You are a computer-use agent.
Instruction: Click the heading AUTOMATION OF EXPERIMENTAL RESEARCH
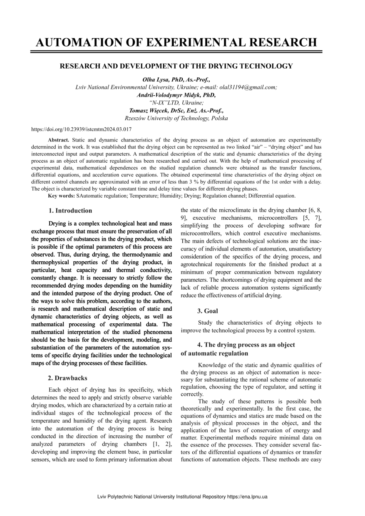176,42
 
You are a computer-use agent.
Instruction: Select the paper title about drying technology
176,66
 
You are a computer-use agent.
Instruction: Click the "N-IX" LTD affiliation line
176,103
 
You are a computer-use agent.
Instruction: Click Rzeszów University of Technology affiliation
176,119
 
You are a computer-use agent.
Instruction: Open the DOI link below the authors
82,129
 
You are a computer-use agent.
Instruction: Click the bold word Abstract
58,140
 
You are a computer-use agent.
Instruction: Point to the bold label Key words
61,196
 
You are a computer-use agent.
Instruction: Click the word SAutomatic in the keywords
90,196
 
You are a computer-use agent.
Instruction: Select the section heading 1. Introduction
70,211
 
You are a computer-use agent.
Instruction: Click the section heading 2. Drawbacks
68,378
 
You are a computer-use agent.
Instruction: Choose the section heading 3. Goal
208,311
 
